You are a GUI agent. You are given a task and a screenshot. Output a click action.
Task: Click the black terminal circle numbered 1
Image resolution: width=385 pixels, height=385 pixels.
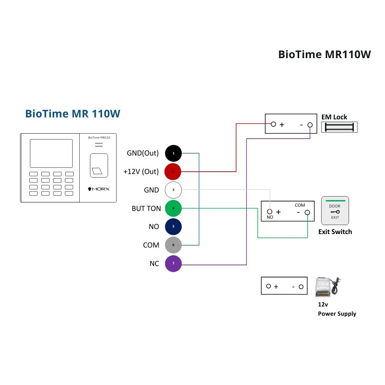173,153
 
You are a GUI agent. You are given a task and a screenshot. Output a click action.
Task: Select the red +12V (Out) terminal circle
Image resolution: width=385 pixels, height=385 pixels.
173,172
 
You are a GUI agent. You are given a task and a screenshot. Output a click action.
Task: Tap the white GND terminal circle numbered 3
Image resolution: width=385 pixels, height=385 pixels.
173,190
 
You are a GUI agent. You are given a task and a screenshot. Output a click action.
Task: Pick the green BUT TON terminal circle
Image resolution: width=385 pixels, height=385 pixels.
173,208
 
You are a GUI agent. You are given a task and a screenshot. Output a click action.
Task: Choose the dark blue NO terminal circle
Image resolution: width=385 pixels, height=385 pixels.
173,226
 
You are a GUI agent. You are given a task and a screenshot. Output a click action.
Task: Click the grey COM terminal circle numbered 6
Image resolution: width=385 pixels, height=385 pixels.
173,245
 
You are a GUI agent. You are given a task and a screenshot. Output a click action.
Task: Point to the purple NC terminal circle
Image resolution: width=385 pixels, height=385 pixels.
173,263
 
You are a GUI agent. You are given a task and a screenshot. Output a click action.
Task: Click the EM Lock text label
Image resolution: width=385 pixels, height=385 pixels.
334,117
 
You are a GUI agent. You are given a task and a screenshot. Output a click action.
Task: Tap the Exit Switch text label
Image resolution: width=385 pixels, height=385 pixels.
335,232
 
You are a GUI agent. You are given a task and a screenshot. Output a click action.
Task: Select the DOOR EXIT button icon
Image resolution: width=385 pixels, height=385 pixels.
335,211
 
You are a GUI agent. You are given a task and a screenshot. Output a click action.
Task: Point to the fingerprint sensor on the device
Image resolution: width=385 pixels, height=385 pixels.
99,166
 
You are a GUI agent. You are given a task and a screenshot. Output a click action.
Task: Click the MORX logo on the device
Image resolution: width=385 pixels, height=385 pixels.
99,189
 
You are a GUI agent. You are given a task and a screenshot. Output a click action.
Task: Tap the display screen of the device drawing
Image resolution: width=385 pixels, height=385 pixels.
51,154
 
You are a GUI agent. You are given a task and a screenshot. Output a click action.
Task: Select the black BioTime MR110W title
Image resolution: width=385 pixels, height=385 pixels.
325,55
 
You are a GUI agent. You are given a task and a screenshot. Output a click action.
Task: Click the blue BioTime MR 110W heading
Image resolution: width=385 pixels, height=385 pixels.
73,114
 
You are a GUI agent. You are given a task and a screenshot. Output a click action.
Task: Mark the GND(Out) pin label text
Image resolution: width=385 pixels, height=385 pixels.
143,153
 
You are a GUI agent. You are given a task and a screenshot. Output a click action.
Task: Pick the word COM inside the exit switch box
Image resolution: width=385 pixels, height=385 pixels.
300,205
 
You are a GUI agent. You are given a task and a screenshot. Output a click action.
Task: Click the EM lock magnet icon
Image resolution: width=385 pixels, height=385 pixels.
339,127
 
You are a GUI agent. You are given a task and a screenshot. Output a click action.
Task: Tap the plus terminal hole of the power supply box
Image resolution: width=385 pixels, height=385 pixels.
269,286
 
